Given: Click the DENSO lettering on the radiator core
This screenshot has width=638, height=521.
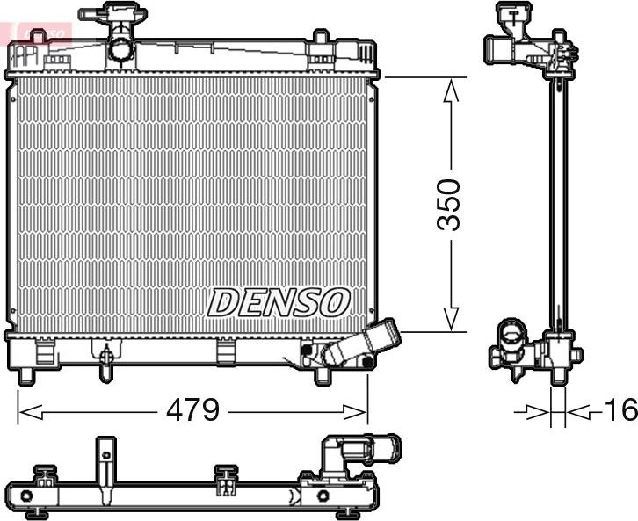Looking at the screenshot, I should point(279,302).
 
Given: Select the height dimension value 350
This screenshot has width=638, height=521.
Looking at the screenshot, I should point(449,204).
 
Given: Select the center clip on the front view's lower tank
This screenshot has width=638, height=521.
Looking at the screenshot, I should point(227,351).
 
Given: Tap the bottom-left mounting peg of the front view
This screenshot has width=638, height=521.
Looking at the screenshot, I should point(26,375).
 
